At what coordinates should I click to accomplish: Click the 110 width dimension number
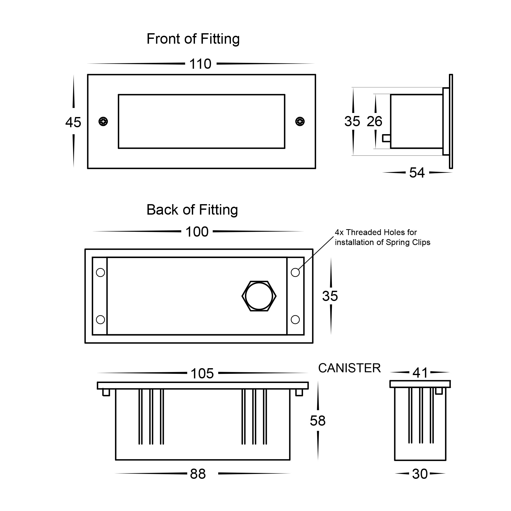point(200,64)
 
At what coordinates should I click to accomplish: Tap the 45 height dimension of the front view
point(73,122)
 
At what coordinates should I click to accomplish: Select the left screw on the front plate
point(103,122)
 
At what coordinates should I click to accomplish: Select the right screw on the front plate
point(300,122)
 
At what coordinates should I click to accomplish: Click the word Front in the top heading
point(164,39)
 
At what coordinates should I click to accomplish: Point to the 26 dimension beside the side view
point(374,121)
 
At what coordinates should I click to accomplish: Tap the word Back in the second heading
point(162,210)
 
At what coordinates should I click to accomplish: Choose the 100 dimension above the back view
point(197,232)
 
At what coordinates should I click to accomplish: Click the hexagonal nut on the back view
point(259,296)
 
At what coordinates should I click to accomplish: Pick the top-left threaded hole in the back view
point(100,272)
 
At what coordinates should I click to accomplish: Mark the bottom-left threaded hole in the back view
point(100,320)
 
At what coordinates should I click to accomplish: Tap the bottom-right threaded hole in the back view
point(295,320)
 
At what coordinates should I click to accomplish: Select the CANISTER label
point(349,368)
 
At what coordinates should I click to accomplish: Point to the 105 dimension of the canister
point(202,374)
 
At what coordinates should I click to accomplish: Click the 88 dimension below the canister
point(198,474)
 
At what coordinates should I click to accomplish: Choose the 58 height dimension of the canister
point(318,421)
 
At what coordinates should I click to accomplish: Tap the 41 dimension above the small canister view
point(420,373)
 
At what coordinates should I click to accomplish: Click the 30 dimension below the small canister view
point(420,474)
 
